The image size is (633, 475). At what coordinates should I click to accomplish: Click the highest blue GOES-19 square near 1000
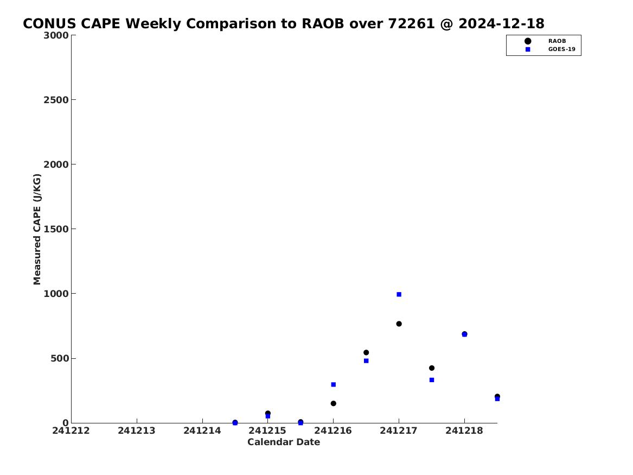coord(399,294)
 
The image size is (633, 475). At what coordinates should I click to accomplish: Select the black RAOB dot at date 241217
coord(399,324)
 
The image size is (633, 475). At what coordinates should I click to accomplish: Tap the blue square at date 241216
coord(334,384)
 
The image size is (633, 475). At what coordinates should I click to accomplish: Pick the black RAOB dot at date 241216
coord(334,403)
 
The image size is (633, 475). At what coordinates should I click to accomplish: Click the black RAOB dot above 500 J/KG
coord(366,353)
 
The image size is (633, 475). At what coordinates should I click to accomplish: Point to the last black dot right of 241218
coord(497,396)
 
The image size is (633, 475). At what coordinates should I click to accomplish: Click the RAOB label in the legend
coord(557,41)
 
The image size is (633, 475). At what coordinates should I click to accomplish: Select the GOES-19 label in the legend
coord(561,49)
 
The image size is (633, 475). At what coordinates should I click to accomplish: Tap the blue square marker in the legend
coord(528,49)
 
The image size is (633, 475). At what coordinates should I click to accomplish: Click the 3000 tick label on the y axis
coord(56,35)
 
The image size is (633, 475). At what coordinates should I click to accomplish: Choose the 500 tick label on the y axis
coord(60,358)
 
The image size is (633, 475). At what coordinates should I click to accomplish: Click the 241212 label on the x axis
coord(71,430)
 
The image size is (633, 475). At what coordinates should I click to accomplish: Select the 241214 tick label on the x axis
coord(202,430)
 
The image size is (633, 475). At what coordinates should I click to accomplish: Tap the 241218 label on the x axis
coord(464,430)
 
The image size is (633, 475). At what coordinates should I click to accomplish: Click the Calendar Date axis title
coord(284,442)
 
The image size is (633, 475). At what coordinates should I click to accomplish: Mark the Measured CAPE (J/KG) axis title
coord(37,230)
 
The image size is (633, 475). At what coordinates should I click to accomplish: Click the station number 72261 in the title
coord(411,24)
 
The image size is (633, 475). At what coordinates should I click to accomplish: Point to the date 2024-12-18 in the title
coord(501,24)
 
